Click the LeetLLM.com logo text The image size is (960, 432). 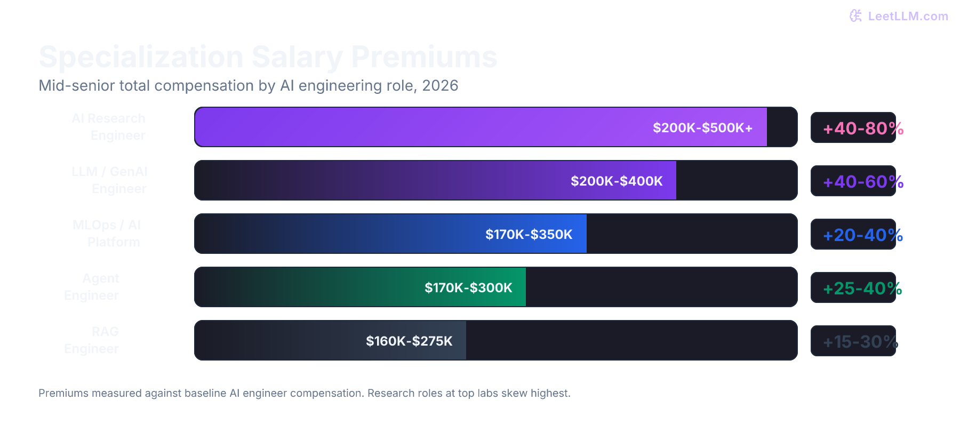pyautogui.click(x=908, y=16)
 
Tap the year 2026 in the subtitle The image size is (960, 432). pyautogui.click(x=440, y=86)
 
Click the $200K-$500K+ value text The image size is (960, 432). pyautogui.click(x=702, y=128)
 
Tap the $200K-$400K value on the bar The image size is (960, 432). pyautogui.click(x=617, y=181)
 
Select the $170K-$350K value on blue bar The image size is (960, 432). pyautogui.click(x=529, y=235)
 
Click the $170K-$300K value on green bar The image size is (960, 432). pyautogui.click(x=468, y=288)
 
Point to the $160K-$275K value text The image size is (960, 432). pyautogui.click(x=409, y=341)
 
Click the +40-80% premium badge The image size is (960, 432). pyautogui.click(x=862, y=129)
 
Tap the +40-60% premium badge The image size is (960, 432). pyautogui.click(x=862, y=182)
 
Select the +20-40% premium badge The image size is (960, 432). pyautogui.click(x=862, y=235)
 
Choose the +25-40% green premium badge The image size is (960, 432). pyautogui.click(x=862, y=289)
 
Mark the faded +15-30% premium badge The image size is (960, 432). pyautogui.click(x=860, y=342)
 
